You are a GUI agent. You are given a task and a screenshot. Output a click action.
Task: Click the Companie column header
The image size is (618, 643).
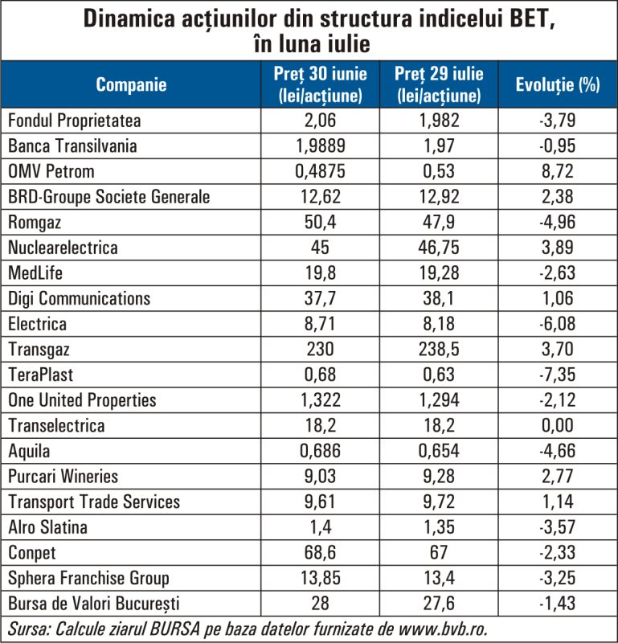pyautogui.click(x=131, y=84)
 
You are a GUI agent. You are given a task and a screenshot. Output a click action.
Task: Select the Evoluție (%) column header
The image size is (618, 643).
pyautogui.click(x=558, y=84)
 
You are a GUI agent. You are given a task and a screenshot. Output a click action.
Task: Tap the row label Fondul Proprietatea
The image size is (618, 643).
pyautogui.click(x=74, y=121)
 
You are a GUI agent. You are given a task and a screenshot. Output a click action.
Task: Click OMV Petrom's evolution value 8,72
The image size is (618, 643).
pyautogui.click(x=558, y=171)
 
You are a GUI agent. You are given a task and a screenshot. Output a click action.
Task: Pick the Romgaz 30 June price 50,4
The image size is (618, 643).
pyautogui.click(x=320, y=222)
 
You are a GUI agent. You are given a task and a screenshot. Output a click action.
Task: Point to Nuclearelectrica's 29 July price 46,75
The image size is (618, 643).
pyautogui.click(x=439, y=248)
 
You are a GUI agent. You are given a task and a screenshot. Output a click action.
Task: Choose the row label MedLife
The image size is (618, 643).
pyautogui.click(x=35, y=272)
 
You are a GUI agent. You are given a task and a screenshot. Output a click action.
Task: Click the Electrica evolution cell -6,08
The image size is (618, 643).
pyautogui.click(x=558, y=324)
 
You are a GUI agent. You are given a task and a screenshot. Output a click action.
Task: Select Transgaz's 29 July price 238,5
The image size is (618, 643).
pyautogui.click(x=439, y=349)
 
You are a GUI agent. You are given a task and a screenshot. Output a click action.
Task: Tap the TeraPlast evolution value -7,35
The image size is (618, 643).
pyautogui.click(x=558, y=375)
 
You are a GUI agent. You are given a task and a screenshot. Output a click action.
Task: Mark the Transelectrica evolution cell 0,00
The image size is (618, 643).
pyautogui.click(x=558, y=425)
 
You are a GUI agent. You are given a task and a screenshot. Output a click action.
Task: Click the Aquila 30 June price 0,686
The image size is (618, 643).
pyautogui.click(x=320, y=451)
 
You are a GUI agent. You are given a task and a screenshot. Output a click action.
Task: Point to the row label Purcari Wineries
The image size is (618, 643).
pyautogui.click(x=63, y=476)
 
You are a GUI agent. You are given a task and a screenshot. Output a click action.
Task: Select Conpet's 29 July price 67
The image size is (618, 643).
pyautogui.click(x=439, y=552)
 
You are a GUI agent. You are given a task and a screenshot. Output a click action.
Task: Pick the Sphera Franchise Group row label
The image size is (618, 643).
pyautogui.click(x=88, y=578)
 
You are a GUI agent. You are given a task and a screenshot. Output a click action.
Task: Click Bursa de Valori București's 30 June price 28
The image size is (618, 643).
pyautogui.click(x=320, y=604)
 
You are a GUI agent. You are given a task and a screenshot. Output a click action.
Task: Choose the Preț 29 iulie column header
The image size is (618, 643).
pyautogui.click(x=439, y=84)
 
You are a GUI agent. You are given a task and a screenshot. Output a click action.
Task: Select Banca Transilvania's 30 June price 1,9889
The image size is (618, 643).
pyautogui.click(x=320, y=145)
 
